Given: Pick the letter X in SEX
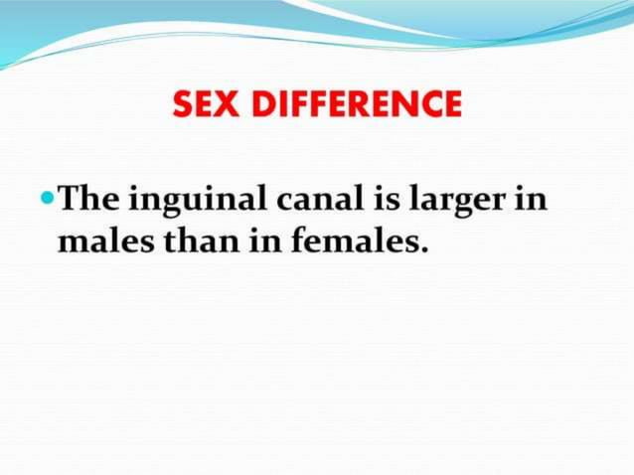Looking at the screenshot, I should (x=231, y=103).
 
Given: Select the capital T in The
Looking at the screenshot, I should (x=71, y=200).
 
